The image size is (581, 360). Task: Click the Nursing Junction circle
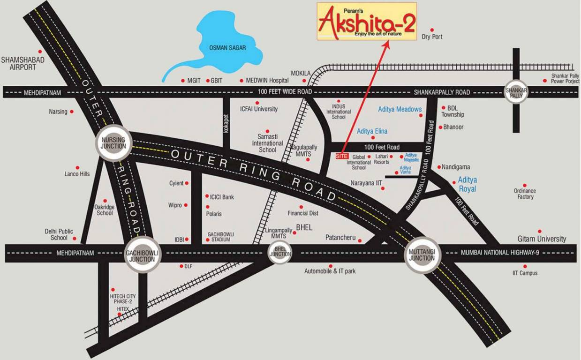tap(114, 143)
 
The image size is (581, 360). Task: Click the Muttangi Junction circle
tap(422, 255)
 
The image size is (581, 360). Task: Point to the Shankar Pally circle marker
tap(516, 92)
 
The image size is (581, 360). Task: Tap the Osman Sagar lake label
tap(227, 47)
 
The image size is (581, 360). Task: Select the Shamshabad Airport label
tap(19, 63)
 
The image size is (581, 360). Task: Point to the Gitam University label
tap(542, 239)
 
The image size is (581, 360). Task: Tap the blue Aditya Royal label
tap(467, 184)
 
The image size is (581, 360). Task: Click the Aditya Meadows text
tap(400, 109)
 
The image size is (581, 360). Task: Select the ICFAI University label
tap(259, 109)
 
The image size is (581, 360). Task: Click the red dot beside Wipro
tap(186, 205)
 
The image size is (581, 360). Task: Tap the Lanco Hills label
tap(77, 174)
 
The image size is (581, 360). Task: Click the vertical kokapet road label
tap(226, 124)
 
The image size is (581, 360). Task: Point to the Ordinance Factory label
tap(525, 194)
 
